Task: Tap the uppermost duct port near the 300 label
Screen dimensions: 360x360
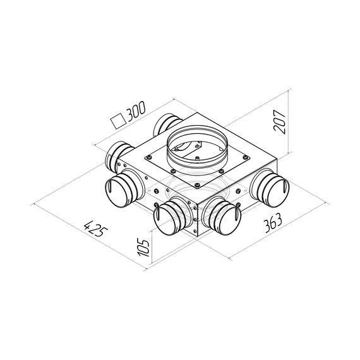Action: tap(168, 123)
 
